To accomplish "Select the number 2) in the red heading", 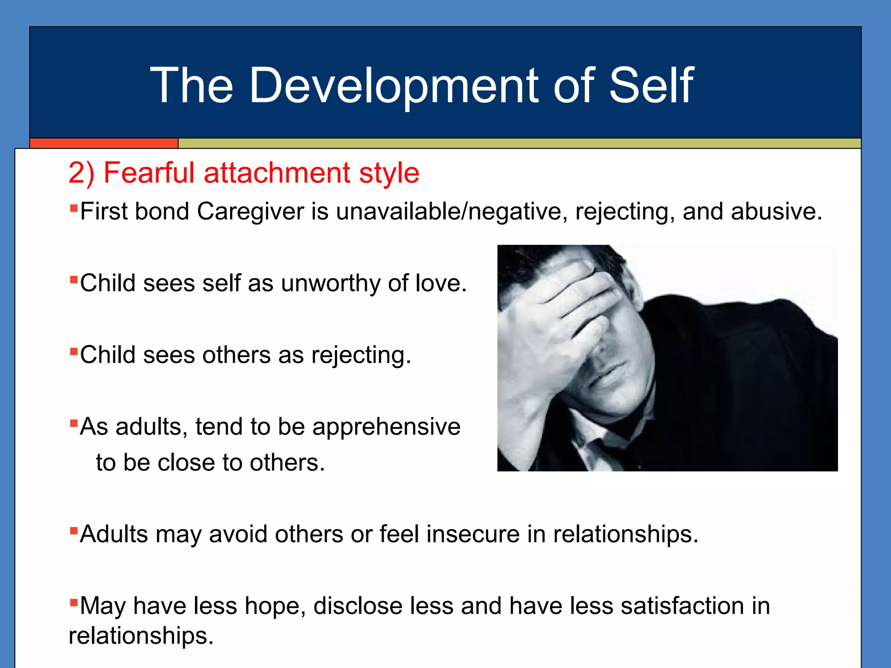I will pyautogui.click(x=81, y=173).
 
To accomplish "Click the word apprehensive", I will pyautogui.click(x=386, y=427).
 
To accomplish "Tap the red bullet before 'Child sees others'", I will pyautogui.click(x=74, y=351).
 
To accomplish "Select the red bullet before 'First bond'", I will pyautogui.click(x=74, y=207).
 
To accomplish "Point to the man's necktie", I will pyautogui.click(x=598, y=452).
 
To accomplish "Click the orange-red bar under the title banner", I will pyautogui.click(x=104, y=143).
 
